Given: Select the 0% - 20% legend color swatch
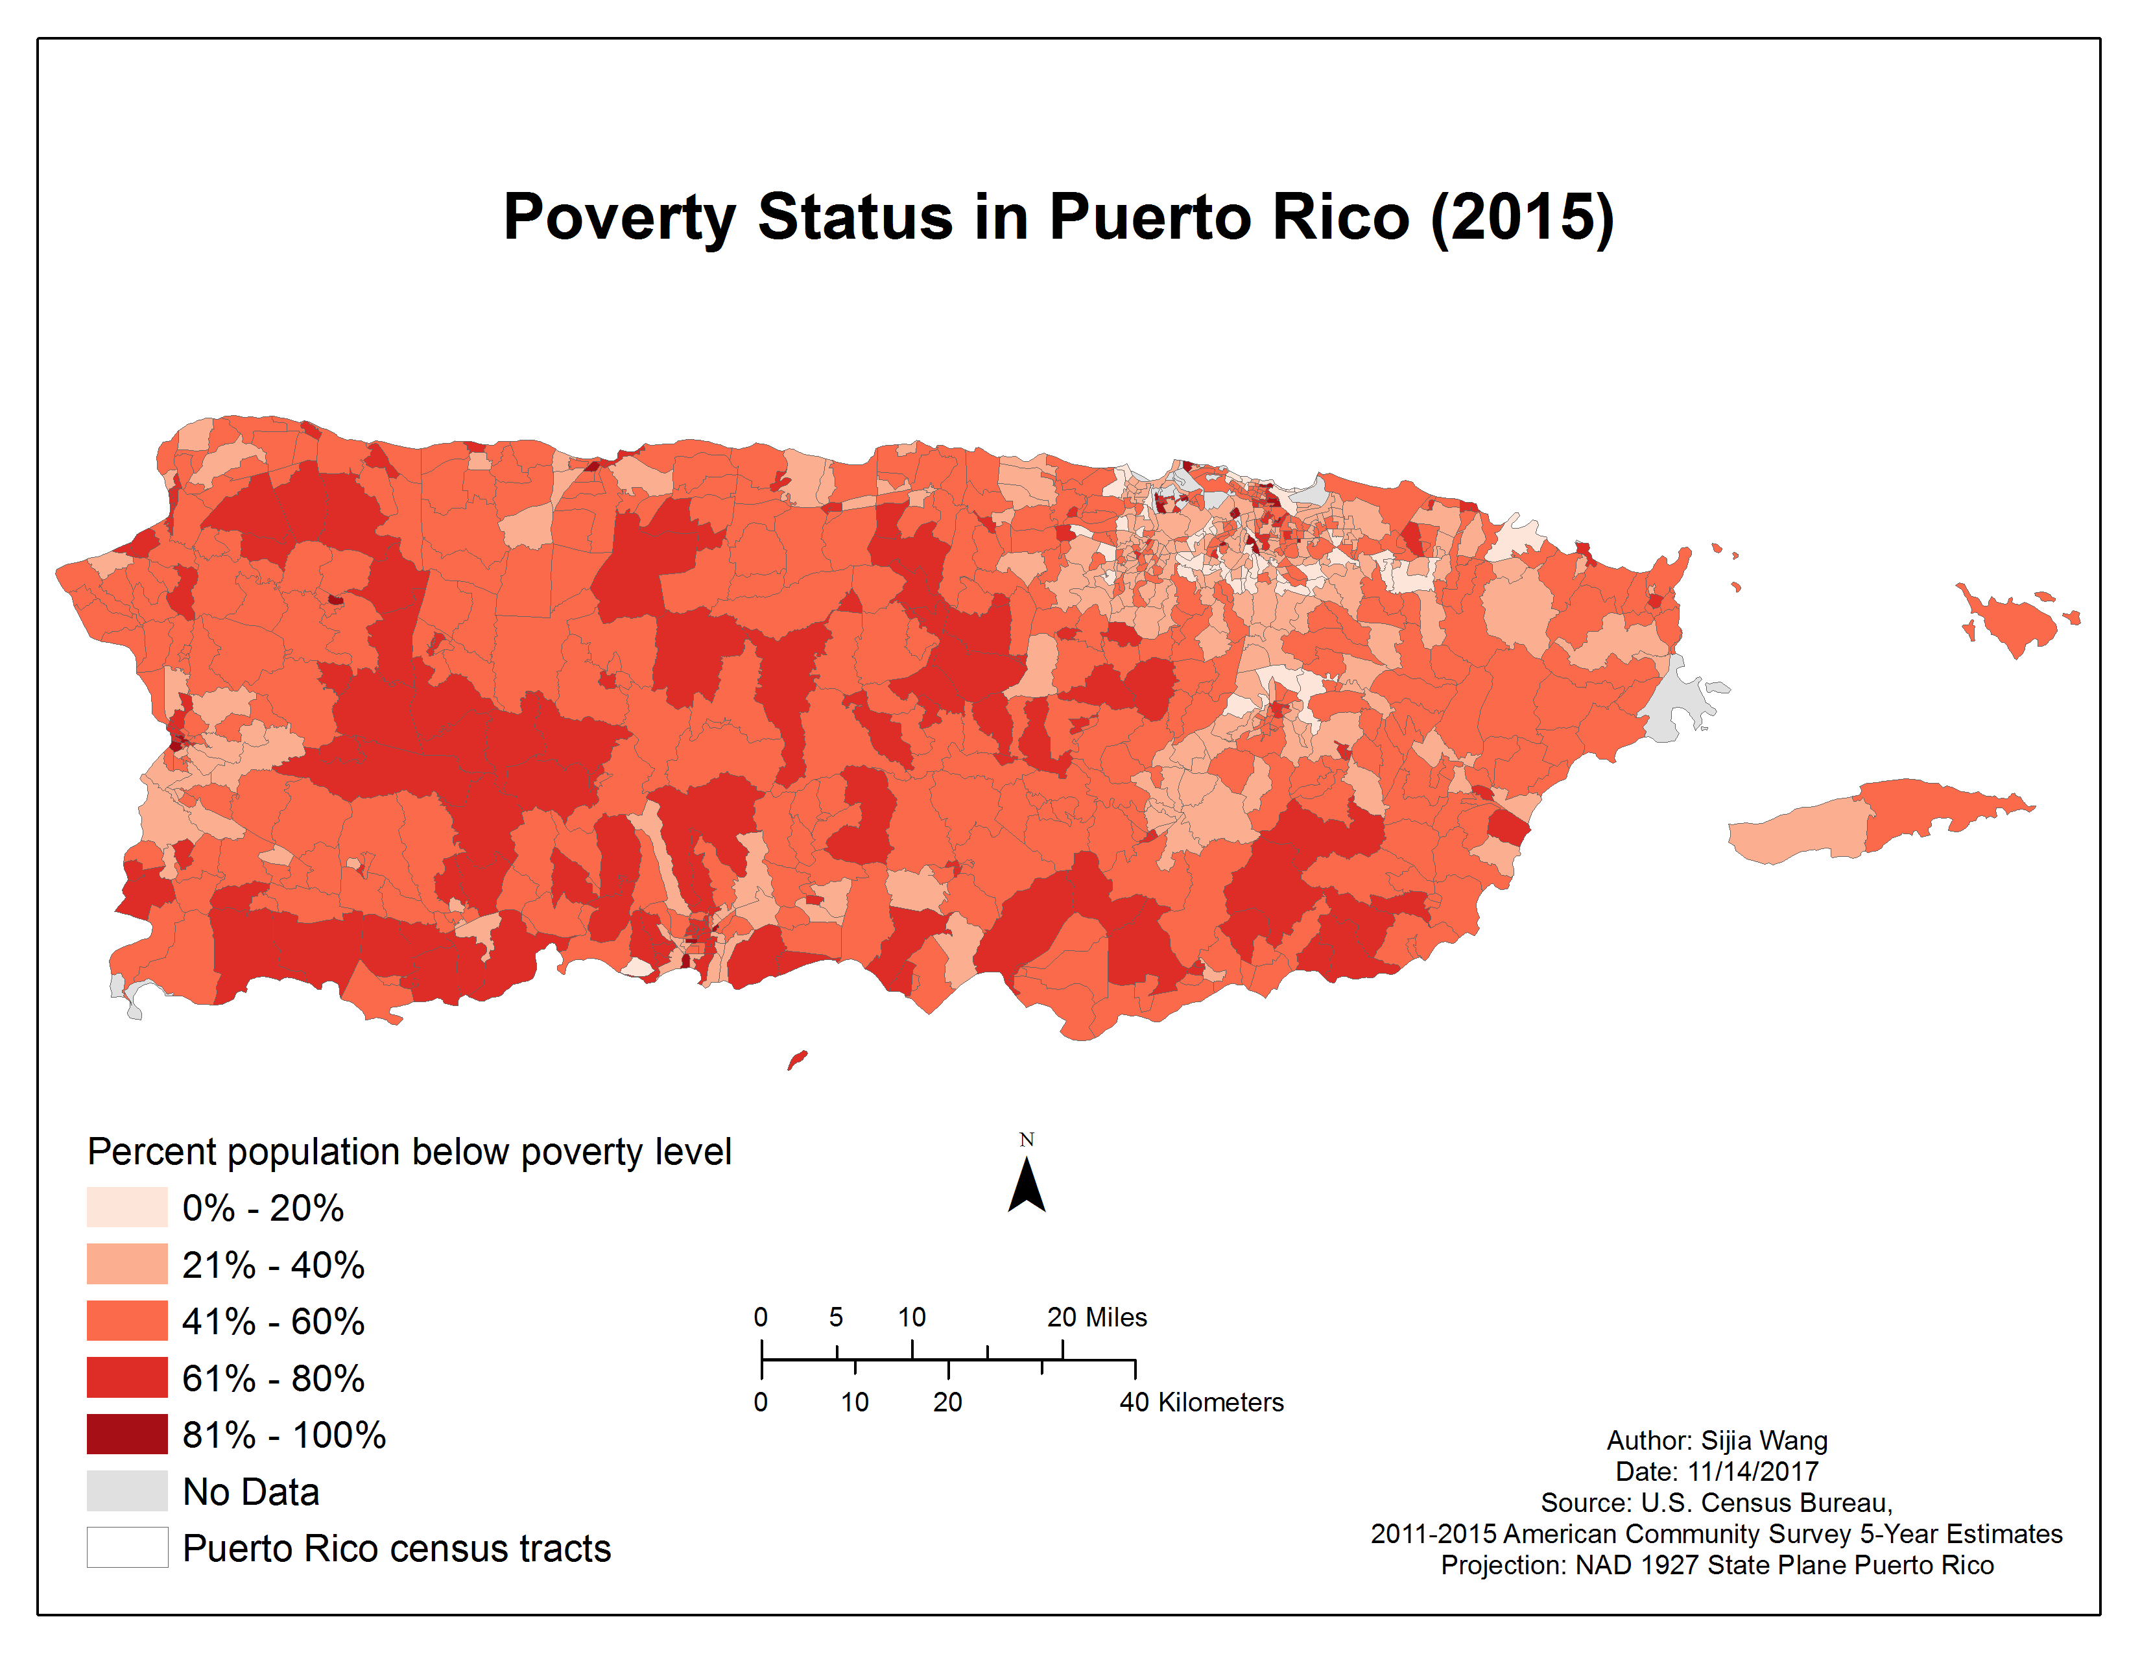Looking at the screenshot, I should [x=126, y=1207].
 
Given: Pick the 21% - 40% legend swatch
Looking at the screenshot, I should [x=126, y=1264].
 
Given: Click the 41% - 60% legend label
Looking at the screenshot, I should [x=274, y=1321].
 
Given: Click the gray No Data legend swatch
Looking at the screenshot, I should [x=126, y=1491].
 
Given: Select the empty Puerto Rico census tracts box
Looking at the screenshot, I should [x=126, y=1547].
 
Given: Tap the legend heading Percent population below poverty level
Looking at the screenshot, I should [x=409, y=1151].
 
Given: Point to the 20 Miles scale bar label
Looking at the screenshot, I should [x=1097, y=1317].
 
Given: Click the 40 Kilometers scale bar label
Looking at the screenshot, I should [x=1201, y=1402].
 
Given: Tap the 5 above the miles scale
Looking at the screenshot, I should [x=836, y=1317].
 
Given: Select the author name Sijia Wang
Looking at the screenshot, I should [x=1764, y=1441].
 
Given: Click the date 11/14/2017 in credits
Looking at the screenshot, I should [x=1752, y=1472].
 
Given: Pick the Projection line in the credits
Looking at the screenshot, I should [x=1717, y=1565].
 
